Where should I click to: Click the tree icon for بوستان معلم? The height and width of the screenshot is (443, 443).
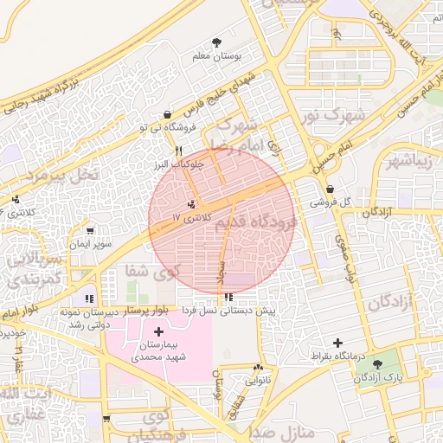coord(216,42)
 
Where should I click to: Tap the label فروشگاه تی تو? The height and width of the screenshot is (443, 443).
coord(163,127)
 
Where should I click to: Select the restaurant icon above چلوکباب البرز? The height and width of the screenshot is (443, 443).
coord(178,150)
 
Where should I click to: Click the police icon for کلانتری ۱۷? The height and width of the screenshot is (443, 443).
coord(190,204)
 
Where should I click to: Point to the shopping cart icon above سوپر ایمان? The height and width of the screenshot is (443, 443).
coord(90,231)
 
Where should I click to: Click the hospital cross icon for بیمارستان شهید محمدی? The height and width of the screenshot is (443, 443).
coord(158,331)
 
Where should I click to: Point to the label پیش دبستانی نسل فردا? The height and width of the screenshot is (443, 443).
coord(228,310)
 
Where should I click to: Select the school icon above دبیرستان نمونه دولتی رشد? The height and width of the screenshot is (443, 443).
coord(91,299)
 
